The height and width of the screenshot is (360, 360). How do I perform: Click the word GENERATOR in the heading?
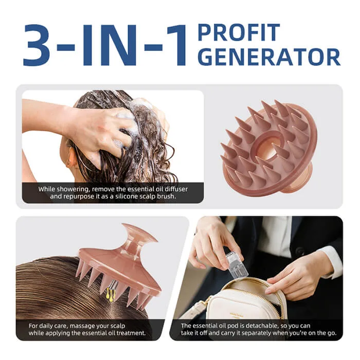click(x=269, y=57)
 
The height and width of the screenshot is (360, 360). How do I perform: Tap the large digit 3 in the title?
click(x=37, y=45)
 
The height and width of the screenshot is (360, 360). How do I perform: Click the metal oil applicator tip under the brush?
click(x=111, y=285)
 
